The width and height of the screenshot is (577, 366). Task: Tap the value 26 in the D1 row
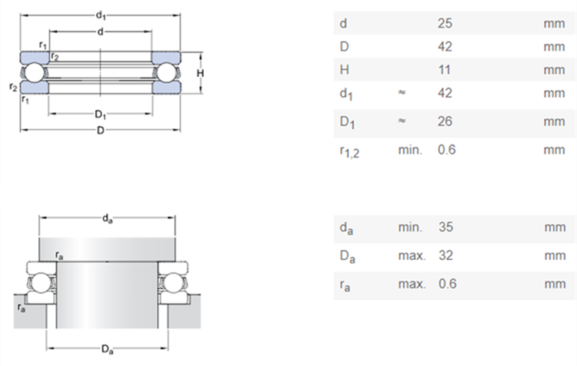coord(444,121)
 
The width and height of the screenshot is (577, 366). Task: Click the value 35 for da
coord(444,228)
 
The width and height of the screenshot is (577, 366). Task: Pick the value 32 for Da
coord(444,256)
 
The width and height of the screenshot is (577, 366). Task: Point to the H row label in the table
coord(344,70)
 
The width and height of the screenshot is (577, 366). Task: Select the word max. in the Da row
coord(412,256)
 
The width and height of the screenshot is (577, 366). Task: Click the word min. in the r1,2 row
coord(410,149)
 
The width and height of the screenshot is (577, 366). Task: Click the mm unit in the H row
coord(554,70)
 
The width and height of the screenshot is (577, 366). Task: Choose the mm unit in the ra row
coord(554,284)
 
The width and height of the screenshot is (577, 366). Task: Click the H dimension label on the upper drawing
coord(200,73)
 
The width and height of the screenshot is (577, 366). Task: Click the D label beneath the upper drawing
coord(101,129)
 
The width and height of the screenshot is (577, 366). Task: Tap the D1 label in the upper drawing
coord(101,115)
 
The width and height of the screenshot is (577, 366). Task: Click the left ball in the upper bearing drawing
coord(34,73)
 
